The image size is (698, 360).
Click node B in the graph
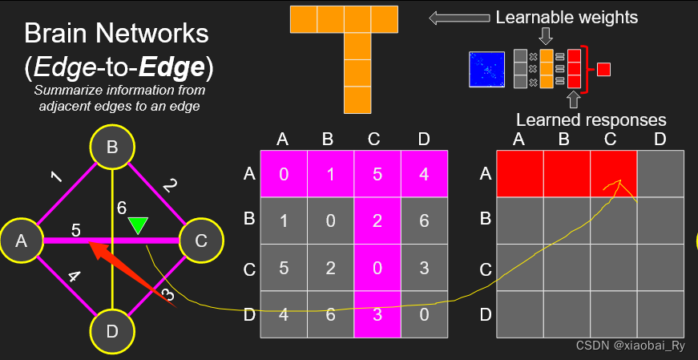pos(112,148)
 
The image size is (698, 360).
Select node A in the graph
pos(22,240)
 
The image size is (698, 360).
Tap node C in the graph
pos(202,240)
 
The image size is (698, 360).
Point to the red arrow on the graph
pos(132,277)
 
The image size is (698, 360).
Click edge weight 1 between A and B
pos(55,176)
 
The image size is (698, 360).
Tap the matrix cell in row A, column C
pos(377,174)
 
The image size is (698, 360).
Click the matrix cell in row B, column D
pos(424,220)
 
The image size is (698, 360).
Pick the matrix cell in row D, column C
pos(377,314)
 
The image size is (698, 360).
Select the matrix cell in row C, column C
pos(377,268)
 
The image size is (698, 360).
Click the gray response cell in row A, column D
pos(660,173)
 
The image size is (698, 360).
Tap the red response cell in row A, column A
pos(519,173)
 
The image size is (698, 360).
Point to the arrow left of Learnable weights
pos(458,17)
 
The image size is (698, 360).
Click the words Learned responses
pos(591,120)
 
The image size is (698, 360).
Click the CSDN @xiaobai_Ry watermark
pos(631,346)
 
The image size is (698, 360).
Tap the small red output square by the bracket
pos(604,69)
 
